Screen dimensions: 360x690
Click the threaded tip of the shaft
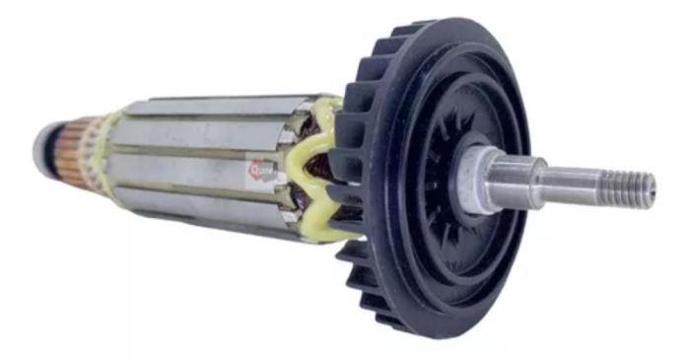631,186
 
